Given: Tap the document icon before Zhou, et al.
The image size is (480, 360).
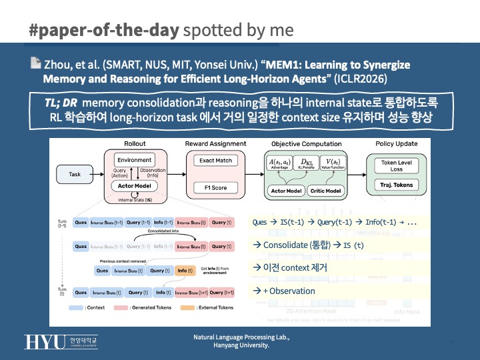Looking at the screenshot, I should tap(35, 65).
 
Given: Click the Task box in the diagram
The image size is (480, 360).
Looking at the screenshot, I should tap(75, 174).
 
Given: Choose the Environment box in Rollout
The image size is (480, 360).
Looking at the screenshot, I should tap(135, 161).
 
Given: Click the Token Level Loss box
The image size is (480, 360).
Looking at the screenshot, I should tap(397, 166).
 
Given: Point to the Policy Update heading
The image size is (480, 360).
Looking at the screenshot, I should tap(396, 144).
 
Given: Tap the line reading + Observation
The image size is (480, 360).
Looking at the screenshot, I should tap(285, 291).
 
